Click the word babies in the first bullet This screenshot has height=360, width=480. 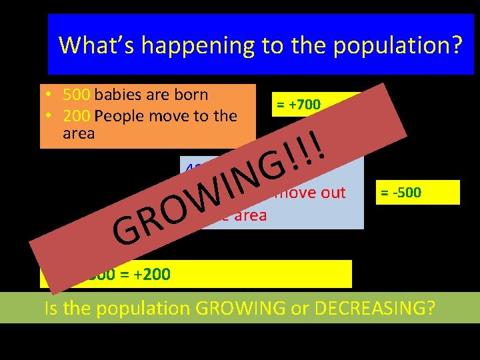click(120, 95)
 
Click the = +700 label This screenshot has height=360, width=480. click(297, 105)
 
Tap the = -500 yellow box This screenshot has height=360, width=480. click(401, 193)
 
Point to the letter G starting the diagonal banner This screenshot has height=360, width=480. click(127, 229)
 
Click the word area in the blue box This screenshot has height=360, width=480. click(248, 215)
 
